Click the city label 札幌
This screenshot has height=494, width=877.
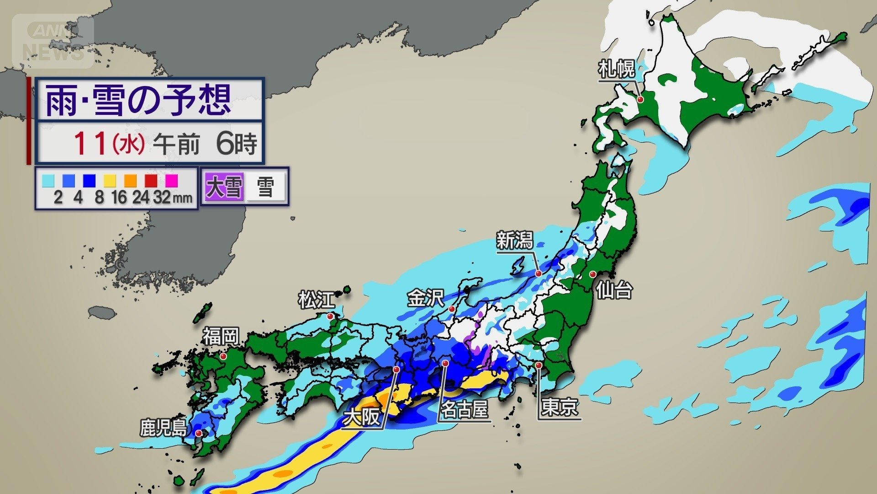coord(617,70)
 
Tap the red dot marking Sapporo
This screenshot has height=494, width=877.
coord(640,99)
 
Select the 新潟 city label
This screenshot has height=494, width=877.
coord(514,241)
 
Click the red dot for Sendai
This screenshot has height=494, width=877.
coord(592,274)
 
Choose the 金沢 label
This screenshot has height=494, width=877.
coord(426,298)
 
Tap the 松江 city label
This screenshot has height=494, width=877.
coord(317,300)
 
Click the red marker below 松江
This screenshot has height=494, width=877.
coord(330,316)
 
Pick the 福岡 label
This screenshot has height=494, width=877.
coord(221,336)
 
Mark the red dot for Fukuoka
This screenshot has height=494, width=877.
coord(223,356)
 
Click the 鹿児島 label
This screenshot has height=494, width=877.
coord(163,428)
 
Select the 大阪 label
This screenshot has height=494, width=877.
coord(362,417)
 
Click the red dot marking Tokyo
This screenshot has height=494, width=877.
coord(539,365)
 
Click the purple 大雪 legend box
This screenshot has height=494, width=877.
coord(224,187)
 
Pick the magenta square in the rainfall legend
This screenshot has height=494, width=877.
coord(171,181)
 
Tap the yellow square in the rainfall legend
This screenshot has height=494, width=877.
coord(110,181)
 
